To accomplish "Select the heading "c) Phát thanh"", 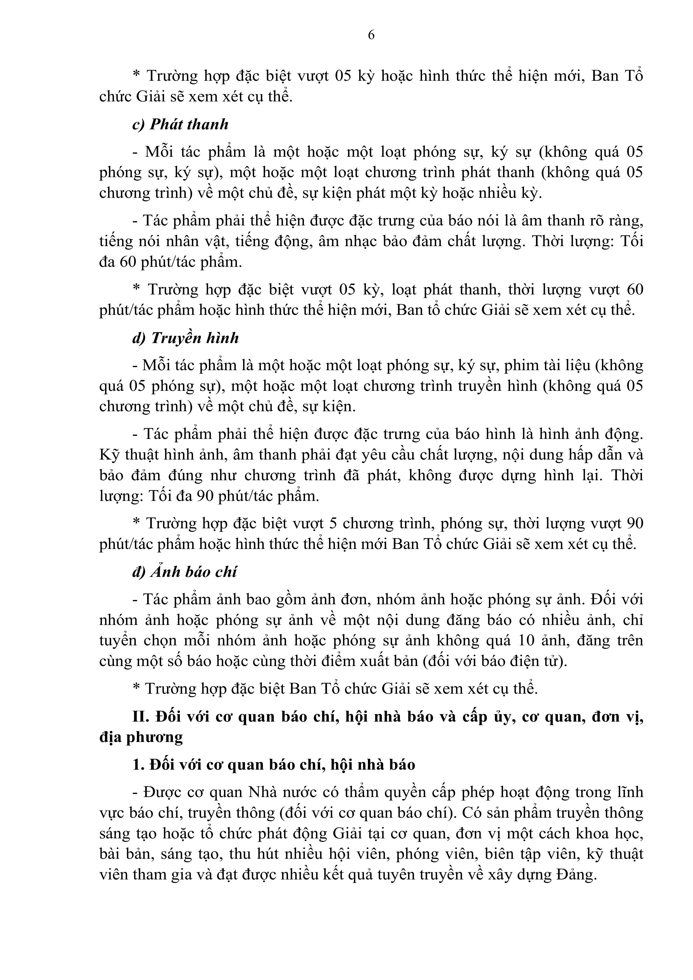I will (x=180, y=124).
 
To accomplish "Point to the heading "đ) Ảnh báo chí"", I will (x=184, y=572).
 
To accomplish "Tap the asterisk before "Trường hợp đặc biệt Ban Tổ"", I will (x=137, y=687).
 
